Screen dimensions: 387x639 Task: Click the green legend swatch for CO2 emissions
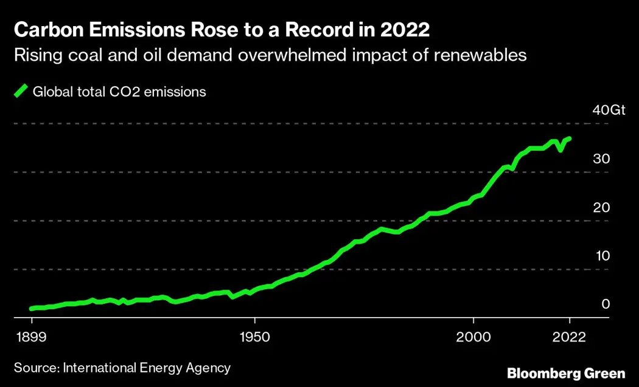[x=21, y=92]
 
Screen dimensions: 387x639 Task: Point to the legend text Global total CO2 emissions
[x=119, y=92]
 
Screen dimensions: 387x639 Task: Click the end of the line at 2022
[x=569, y=139]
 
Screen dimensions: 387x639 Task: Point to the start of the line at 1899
[x=32, y=309]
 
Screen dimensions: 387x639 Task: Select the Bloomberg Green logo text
[x=566, y=372]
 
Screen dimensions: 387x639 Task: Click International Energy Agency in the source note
[x=147, y=368]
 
